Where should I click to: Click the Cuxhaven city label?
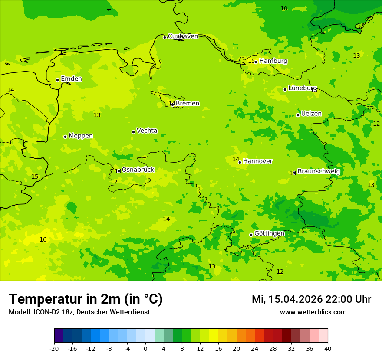coord(183,36)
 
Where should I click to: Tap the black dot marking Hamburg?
coord(256,62)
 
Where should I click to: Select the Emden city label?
coord(71,79)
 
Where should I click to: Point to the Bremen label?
coord(188,104)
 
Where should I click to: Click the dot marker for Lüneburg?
coord(285,89)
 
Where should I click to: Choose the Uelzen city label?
coord(311,114)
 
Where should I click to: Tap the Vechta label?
coord(147,131)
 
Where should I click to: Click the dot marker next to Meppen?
coord(65,137)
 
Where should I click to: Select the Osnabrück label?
coord(138,170)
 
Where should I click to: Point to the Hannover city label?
coord(257,161)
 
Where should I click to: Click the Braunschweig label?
coord(319,172)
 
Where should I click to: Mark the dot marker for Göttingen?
coord(251,235)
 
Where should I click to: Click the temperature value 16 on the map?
coord(43,240)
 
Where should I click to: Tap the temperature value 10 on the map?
coord(284,9)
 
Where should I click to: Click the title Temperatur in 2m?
coord(86,299)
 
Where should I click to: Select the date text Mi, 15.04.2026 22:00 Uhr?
coord(311,299)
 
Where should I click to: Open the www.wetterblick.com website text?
coord(313,312)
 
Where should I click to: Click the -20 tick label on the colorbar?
coord(54,349)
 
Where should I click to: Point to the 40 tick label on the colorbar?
coord(328,349)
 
